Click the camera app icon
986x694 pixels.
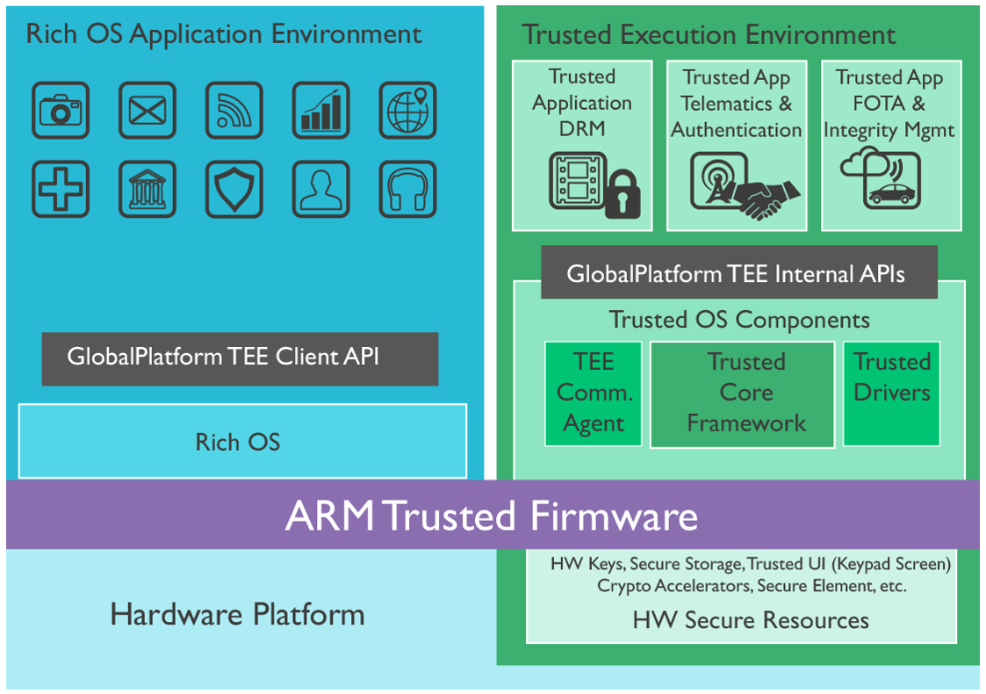(61, 110)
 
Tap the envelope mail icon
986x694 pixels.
(148, 110)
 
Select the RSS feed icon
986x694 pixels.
(234, 110)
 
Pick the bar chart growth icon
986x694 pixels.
(320, 110)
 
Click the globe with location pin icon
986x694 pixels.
(407, 110)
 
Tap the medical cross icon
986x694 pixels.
(61, 189)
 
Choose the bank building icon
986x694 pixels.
(148, 189)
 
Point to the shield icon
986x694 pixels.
(234, 189)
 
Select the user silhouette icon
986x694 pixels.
(320, 189)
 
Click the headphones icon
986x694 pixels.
(407, 189)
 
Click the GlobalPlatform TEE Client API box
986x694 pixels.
(241, 358)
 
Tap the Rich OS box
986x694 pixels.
(242, 441)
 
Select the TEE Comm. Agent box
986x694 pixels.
(593, 394)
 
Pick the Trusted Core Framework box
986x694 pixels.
(742, 394)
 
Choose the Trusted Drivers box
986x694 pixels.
(892, 394)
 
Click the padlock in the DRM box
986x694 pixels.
(623, 194)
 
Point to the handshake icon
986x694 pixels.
(767, 199)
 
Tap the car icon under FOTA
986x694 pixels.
(891, 194)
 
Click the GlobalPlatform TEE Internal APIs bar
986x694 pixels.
(739, 271)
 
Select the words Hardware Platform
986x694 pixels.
(237, 615)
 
